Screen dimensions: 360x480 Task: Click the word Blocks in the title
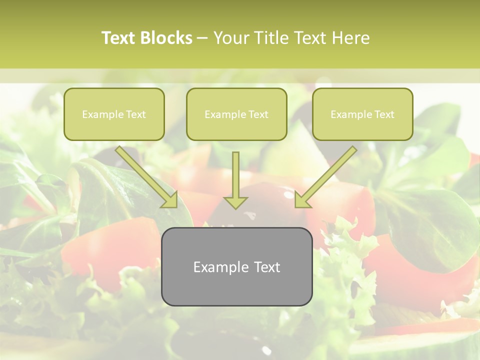[167, 38]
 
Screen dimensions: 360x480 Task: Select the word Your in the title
[230, 38]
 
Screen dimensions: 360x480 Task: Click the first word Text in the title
[120, 38]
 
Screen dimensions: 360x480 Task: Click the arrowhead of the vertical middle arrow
[235, 202]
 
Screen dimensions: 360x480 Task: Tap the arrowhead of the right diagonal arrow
[302, 199]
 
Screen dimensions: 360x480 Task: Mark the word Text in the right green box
[384, 114]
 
